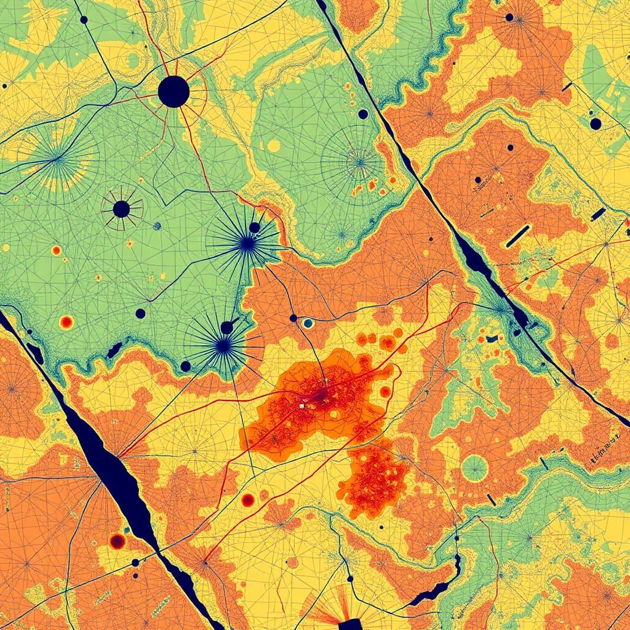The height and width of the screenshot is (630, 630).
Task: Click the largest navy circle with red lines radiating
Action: (173, 92)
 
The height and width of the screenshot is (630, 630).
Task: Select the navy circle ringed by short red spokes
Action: (121, 209)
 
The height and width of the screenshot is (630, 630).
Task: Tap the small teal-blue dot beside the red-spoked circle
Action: (157, 226)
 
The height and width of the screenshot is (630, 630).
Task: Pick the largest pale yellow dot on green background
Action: (274, 146)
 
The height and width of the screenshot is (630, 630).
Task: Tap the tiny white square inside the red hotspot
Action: (301, 406)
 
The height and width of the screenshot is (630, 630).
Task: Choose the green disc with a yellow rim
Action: (474, 468)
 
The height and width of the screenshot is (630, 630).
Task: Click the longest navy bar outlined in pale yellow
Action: (518, 236)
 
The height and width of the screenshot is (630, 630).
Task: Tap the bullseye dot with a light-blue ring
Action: (308, 323)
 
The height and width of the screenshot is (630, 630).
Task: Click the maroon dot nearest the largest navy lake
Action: (117, 541)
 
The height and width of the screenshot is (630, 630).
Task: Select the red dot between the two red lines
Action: (248, 500)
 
